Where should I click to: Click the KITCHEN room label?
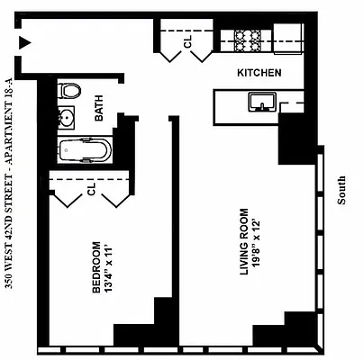pos(259,73)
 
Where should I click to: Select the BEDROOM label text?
pos(96,266)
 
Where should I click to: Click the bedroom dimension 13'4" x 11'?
pos(109,266)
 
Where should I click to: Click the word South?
pos(341,190)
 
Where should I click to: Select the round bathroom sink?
pos(68,117)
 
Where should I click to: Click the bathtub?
pos(84,151)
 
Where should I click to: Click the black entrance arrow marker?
pos(27,41)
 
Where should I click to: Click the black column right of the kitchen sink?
pos(294,139)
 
